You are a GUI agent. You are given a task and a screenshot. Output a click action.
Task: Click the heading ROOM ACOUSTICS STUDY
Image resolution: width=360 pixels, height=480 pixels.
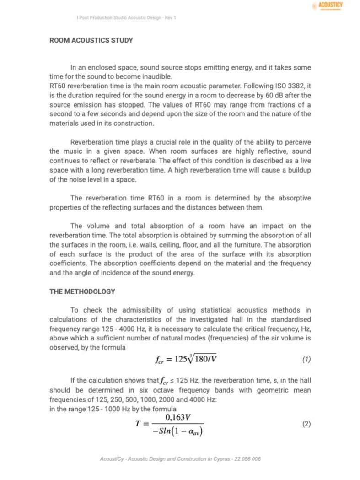91,40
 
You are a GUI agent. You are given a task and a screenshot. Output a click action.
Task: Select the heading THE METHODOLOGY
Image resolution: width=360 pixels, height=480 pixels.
82,291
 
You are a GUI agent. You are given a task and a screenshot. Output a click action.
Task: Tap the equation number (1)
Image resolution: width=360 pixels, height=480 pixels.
306,359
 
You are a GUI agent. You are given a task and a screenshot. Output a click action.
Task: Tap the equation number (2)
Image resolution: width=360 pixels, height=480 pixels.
306,424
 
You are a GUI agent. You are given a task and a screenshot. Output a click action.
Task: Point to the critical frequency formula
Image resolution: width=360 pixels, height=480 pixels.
185,359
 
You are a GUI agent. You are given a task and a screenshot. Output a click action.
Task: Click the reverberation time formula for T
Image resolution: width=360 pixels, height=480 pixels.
169,424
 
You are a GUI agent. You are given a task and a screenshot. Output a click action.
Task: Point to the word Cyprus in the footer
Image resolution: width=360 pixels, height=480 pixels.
211,458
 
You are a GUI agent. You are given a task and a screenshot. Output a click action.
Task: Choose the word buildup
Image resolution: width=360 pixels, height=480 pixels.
297,171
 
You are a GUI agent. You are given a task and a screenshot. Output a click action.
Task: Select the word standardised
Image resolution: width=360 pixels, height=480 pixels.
288,320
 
